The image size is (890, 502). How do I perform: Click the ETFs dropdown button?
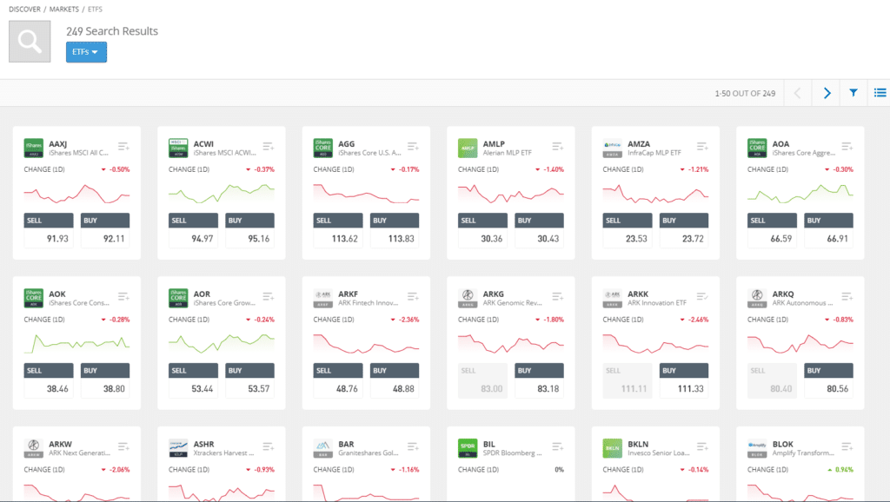pyautogui.click(x=86, y=52)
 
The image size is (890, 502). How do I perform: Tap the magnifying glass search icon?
pyautogui.click(x=30, y=41)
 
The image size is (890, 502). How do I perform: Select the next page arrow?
pyautogui.click(x=827, y=93)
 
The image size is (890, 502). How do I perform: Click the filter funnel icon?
pyautogui.click(x=853, y=93)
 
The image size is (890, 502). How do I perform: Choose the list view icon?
pyautogui.click(x=880, y=93)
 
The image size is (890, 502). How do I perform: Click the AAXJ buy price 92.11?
pyautogui.click(x=105, y=239)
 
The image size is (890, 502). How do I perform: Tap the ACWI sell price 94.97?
pyautogui.click(x=192, y=239)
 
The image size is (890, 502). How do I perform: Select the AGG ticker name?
pyautogui.click(x=347, y=143)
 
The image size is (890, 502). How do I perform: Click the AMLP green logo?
pyautogui.click(x=468, y=148)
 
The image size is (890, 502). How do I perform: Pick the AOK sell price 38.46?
pyautogui.click(x=47, y=388)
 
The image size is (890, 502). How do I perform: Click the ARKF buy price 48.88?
pyautogui.click(x=395, y=388)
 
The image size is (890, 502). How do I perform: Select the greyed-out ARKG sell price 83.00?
pyautogui.click(x=482, y=388)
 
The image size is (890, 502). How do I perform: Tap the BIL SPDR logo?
pyautogui.click(x=468, y=447)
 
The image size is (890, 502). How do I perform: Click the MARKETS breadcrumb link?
pyautogui.click(x=64, y=8)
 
